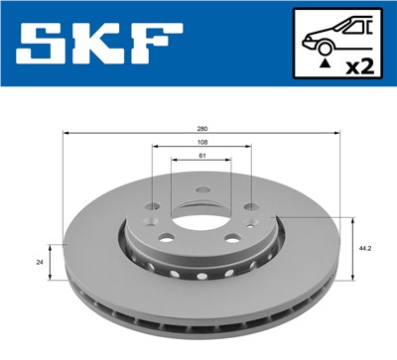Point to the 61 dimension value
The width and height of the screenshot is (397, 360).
[x=201, y=157]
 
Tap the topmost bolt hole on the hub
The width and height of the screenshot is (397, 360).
[x=201, y=189]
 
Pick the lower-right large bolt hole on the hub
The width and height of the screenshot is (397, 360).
[x=230, y=238]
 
